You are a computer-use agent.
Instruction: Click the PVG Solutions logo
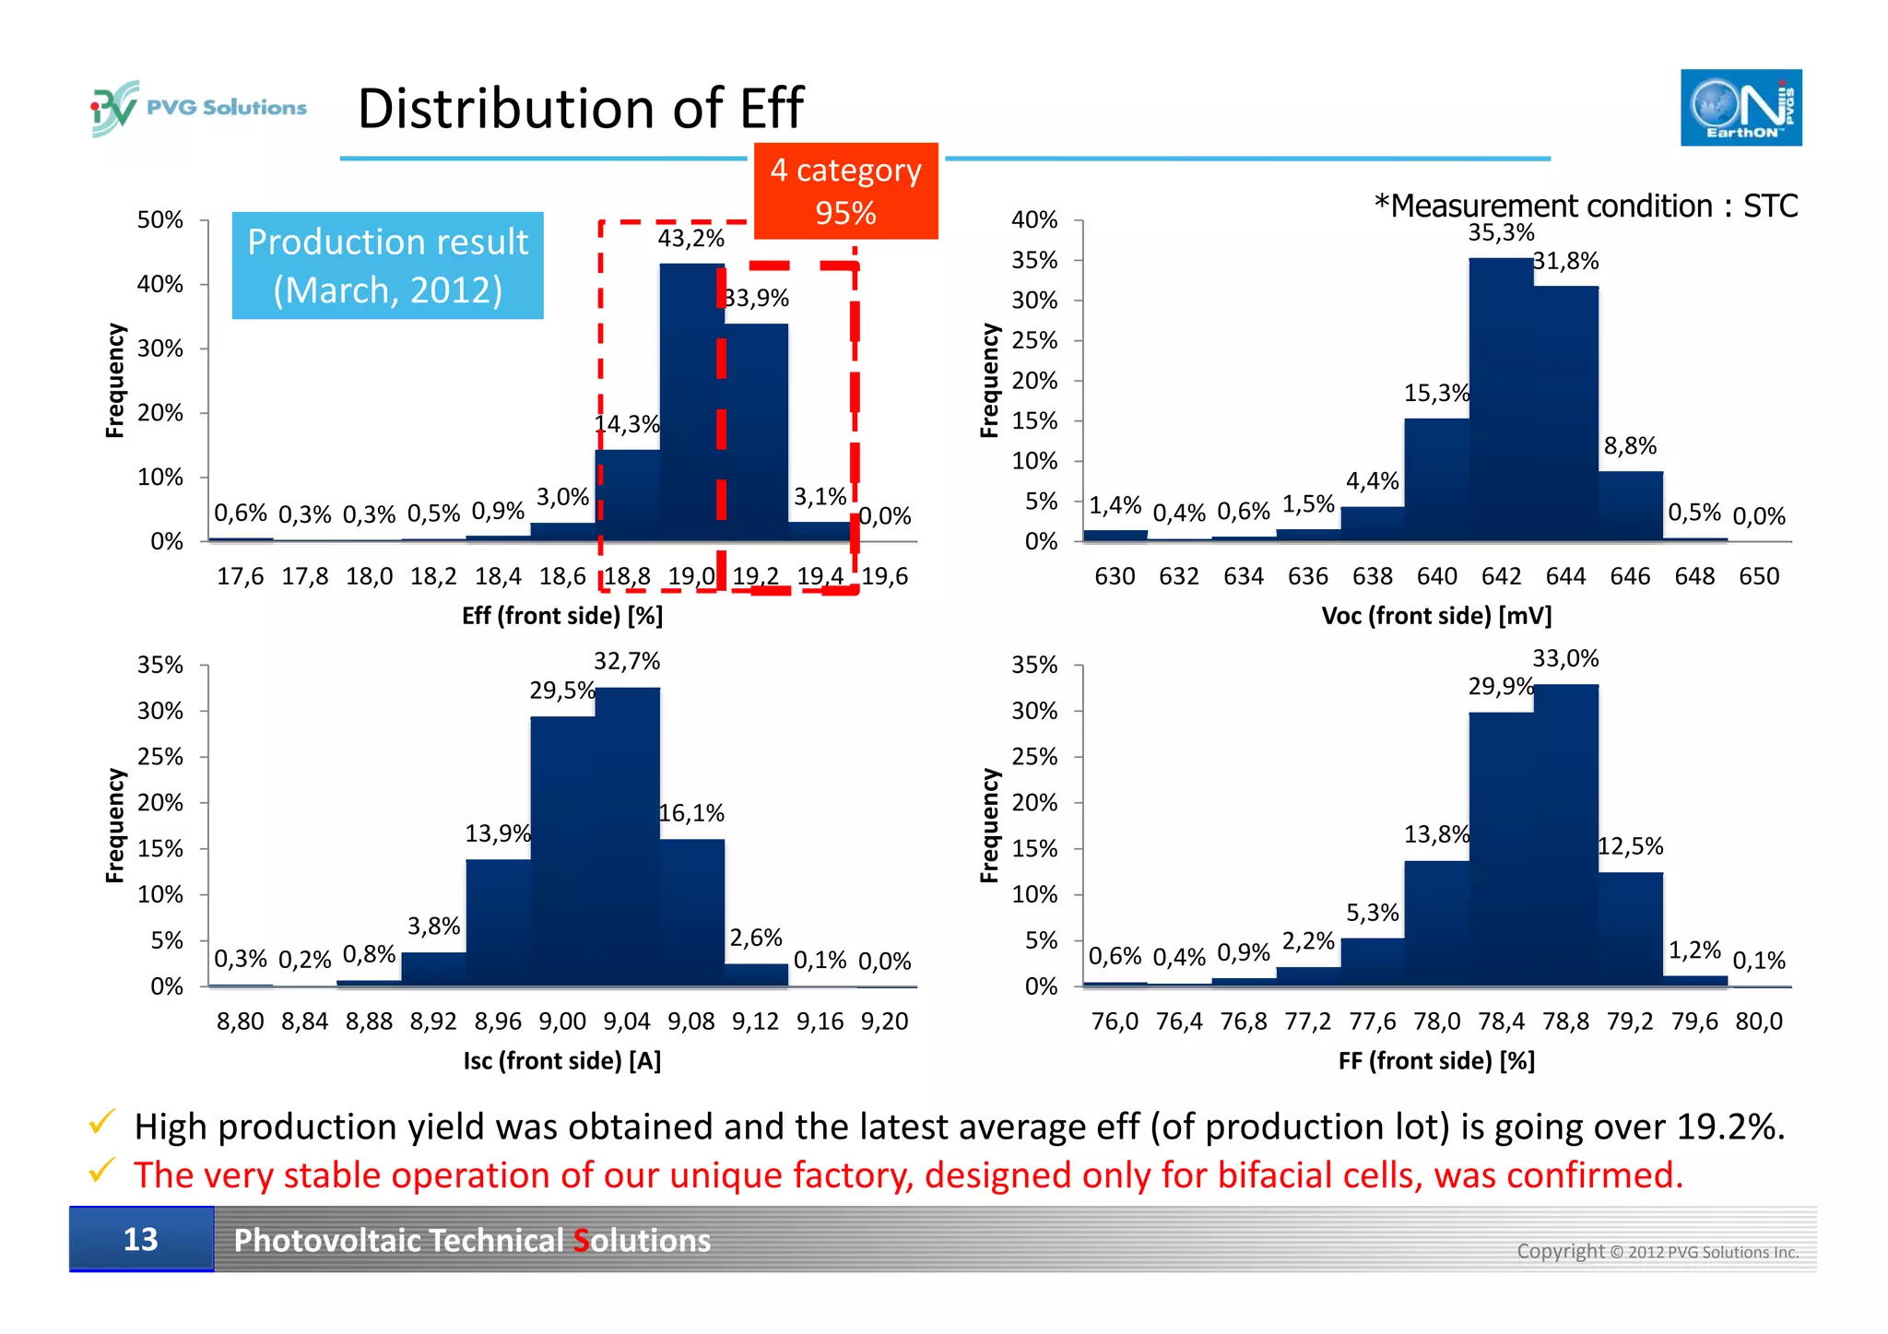pyautogui.click(x=198, y=108)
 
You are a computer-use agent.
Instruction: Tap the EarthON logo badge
pyautogui.click(x=1740, y=108)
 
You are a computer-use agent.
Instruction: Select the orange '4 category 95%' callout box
pyautogui.click(x=845, y=191)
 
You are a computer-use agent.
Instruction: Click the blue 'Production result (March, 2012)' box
pyautogui.click(x=387, y=266)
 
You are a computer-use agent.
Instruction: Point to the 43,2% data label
pyautogui.click(x=690, y=239)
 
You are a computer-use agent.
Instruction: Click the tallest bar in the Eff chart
pyautogui.click(x=690, y=406)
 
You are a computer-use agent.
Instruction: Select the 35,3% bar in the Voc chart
pyautogui.click(x=1500, y=401)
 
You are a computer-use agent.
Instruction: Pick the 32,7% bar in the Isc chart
pyautogui.click(x=627, y=839)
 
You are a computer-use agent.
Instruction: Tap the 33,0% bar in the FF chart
pyautogui.click(x=1565, y=839)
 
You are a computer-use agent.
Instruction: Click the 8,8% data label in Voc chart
pyautogui.click(x=1630, y=446)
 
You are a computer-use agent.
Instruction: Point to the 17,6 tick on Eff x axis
pyautogui.click(x=240, y=577)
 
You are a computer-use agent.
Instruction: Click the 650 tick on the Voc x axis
pyautogui.click(x=1758, y=577)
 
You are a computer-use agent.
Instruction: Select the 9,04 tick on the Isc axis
pyautogui.click(x=627, y=1022)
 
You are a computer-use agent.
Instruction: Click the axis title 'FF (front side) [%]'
pyautogui.click(x=1436, y=1061)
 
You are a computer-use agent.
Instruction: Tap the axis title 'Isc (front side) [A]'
pyautogui.click(x=561, y=1061)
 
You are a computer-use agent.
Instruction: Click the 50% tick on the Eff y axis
pyautogui.click(x=159, y=220)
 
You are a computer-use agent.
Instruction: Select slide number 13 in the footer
pyautogui.click(x=141, y=1240)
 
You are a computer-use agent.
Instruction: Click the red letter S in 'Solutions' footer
pyautogui.click(x=581, y=1241)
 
